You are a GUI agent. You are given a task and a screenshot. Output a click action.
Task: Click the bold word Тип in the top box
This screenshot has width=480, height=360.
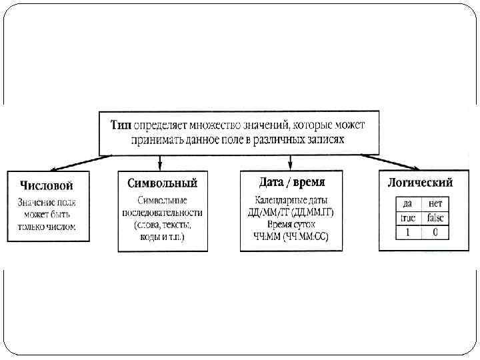(x=121, y=123)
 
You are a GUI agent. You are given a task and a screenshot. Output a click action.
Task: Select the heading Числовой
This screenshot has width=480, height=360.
(x=46, y=185)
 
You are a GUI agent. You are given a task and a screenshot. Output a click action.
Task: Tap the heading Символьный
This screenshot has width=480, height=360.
(x=163, y=183)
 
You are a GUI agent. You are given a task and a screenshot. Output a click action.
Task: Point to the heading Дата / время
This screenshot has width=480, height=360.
(x=291, y=181)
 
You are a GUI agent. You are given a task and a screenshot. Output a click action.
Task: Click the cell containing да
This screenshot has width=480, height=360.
(x=407, y=204)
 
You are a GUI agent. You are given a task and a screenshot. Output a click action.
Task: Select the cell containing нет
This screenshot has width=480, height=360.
(x=436, y=204)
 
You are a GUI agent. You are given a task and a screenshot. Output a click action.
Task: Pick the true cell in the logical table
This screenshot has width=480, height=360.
(x=407, y=218)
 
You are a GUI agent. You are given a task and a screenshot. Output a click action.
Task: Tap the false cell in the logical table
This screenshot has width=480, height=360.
(x=436, y=218)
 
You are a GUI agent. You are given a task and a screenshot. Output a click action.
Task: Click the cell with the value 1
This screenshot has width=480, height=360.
(x=407, y=233)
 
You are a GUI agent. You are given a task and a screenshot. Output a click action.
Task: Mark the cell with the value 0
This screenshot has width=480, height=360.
(x=436, y=233)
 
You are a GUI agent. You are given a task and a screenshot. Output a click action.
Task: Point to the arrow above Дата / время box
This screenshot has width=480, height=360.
(x=289, y=162)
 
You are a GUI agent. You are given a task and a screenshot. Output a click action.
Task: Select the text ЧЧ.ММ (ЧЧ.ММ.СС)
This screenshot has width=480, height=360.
(x=291, y=236)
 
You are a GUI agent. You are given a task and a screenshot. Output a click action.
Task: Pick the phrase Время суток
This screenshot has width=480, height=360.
(x=291, y=224)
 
